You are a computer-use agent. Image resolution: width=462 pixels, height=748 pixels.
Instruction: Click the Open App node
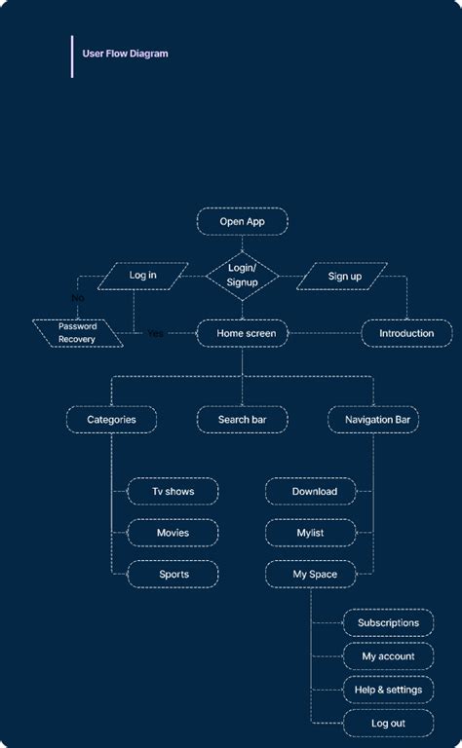[242, 221]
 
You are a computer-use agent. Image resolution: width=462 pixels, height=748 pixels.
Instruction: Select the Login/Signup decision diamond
[242, 275]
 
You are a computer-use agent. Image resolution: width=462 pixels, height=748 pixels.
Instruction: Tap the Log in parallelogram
[142, 276]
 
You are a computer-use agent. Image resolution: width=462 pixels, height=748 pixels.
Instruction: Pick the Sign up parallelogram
[343, 276]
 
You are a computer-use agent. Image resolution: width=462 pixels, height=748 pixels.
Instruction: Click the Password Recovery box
[77, 333]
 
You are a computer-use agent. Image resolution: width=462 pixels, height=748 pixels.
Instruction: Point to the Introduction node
[406, 333]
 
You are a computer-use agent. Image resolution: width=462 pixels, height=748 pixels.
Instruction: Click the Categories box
[111, 420]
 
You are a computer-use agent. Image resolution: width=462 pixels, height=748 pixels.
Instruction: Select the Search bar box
[242, 420]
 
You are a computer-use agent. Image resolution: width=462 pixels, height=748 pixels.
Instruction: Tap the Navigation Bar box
[373, 420]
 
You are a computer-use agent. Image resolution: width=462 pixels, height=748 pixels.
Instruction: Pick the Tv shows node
[173, 492]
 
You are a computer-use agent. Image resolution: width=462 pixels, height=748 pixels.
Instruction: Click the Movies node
[173, 533]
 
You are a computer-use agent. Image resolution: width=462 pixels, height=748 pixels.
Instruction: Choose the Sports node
[173, 575]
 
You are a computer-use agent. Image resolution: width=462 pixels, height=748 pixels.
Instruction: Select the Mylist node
[310, 533]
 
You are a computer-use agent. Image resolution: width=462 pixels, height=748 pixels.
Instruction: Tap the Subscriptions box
[388, 622]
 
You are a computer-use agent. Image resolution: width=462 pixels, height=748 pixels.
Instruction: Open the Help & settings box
[388, 690]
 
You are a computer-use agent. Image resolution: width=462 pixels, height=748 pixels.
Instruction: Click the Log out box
[388, 723]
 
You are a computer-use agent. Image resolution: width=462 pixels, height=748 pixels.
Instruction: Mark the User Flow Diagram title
[125, 54]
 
